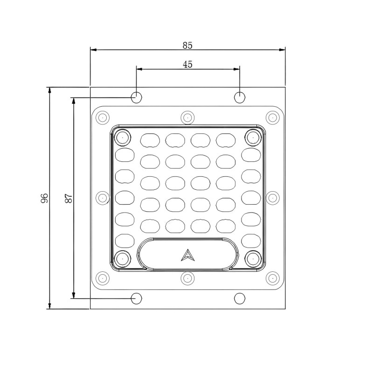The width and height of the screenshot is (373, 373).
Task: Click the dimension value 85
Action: click(187, 45)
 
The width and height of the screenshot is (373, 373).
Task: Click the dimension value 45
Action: click(187, 64)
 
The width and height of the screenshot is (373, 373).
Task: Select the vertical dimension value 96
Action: click(44, 198)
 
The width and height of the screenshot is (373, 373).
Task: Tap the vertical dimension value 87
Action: click(69, 198)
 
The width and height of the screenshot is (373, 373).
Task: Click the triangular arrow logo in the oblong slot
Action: click(188, 255)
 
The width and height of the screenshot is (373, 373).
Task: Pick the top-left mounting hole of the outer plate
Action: click(136, 97)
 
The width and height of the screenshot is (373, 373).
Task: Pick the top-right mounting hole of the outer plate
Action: click(240, 97)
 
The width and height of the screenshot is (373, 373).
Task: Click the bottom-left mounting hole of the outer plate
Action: click(136, 298)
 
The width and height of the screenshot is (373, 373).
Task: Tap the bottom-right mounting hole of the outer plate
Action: click(240, 298)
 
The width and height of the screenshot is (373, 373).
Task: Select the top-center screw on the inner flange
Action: click(187, 117)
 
